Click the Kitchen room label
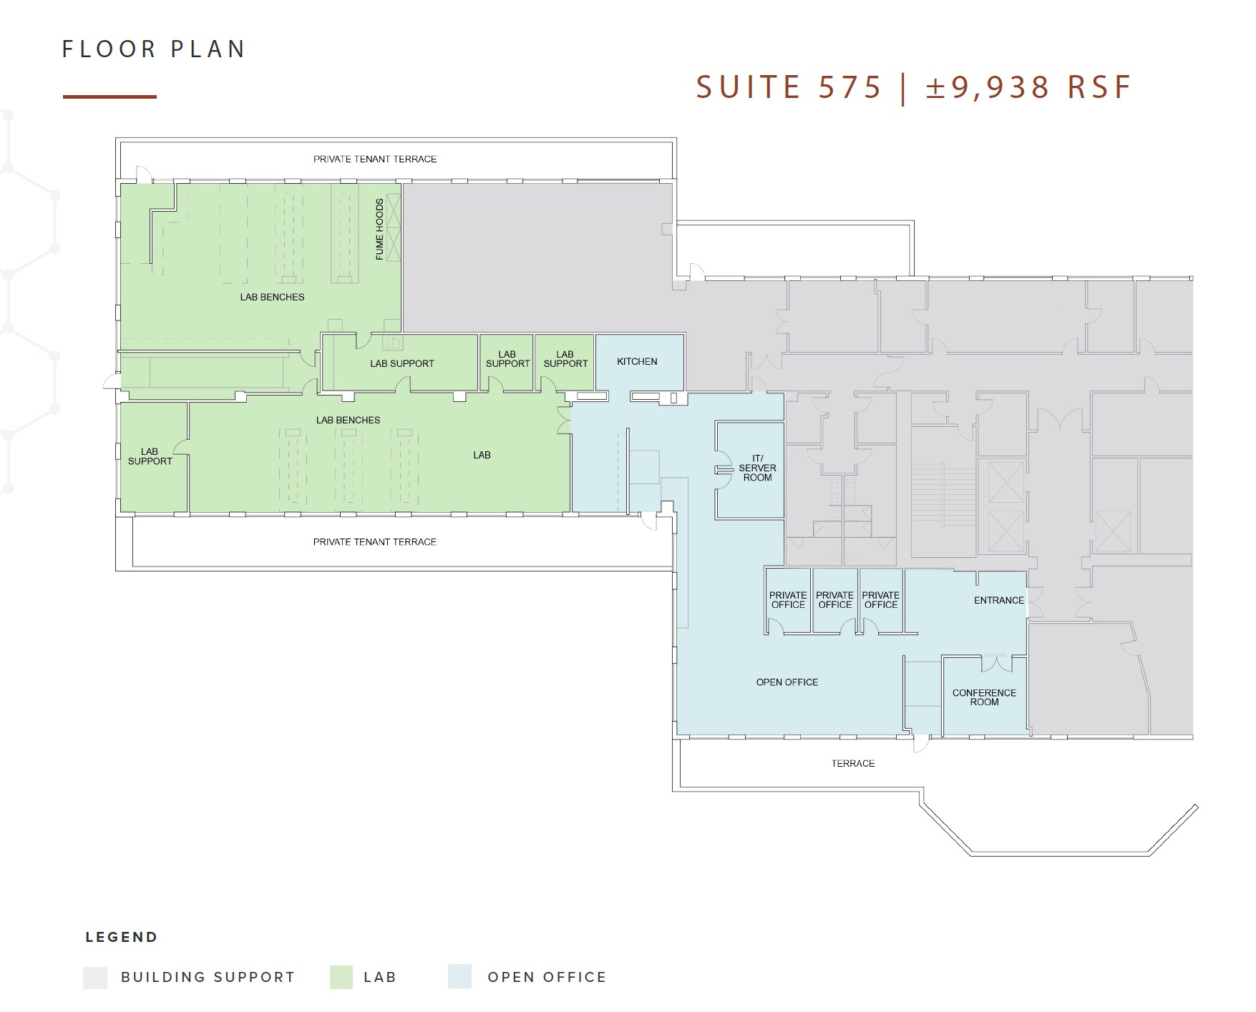tap(637, 361)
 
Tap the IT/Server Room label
tap(757, 468)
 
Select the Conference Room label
tap(984, 697)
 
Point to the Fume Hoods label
tap(379, 229)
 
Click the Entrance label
tap(998, 600)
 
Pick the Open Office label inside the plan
tap(787, 682)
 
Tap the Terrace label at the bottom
tap(852, 763)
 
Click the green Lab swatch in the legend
tap(341, 977)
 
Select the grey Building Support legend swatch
tap(95, 977)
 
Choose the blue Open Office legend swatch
tap(459, 977)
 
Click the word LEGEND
tap(121, 937)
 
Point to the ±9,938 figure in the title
tap(988, 87)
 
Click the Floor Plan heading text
tap(154, 49)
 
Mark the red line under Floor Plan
tap(109, 97)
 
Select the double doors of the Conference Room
tap(995, 664)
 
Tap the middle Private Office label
tap(834, 600)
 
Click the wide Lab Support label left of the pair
tap(401, 363)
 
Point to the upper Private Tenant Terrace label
tap(374, 159)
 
